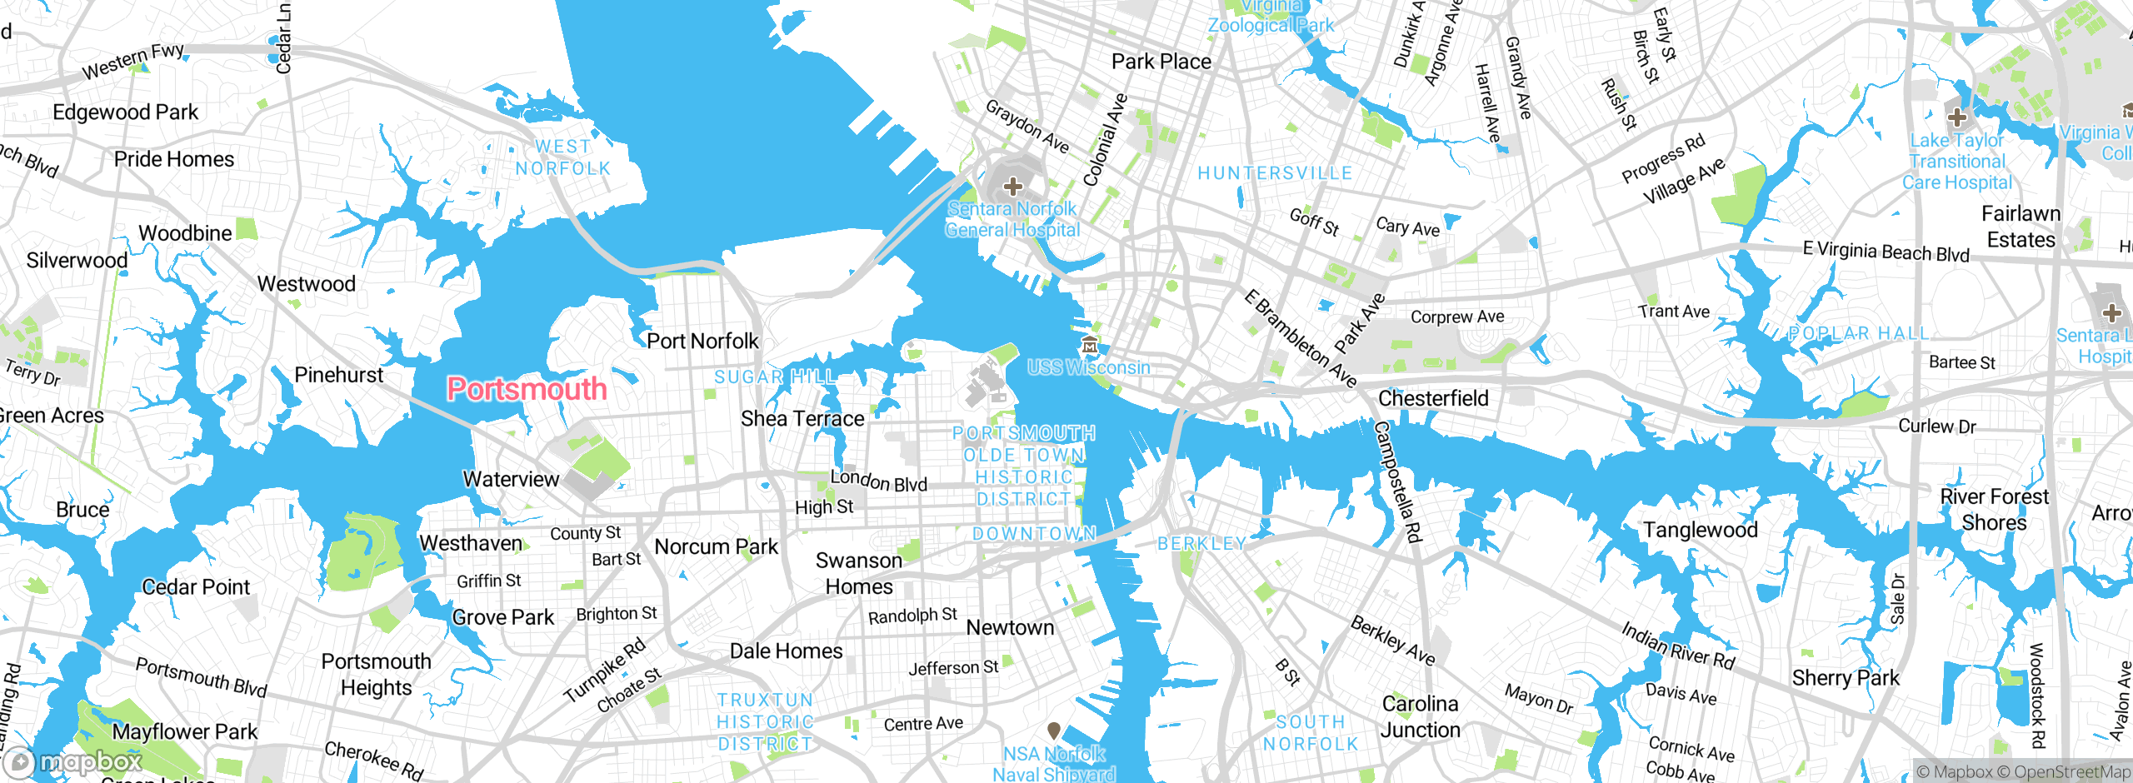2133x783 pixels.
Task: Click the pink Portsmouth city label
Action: (527, 389)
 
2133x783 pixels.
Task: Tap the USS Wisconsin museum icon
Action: (1089, 345)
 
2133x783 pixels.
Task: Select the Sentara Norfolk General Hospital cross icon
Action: (1012, 186)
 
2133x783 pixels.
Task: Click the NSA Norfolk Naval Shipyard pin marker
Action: (1053, 731)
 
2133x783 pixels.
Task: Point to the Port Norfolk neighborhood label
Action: (702, 341)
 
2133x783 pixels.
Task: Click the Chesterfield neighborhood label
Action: (1433, 398)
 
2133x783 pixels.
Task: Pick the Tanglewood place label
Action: (1700, 530)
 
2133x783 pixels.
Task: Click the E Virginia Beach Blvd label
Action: (1886, 252)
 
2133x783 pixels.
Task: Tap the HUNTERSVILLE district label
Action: (1275, 173)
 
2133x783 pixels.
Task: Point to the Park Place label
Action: (1161, 62)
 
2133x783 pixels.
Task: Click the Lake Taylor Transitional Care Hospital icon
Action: (1957, 117)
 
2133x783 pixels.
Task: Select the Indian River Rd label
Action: (1677, 646)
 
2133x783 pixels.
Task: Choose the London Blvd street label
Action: (878, 481)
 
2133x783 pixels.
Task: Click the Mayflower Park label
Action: (184, 731)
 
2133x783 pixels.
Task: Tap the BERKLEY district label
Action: (1201, 543)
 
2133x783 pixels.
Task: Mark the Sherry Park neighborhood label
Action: (1846, 678)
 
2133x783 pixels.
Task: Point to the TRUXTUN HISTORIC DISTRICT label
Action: (765, 721)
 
